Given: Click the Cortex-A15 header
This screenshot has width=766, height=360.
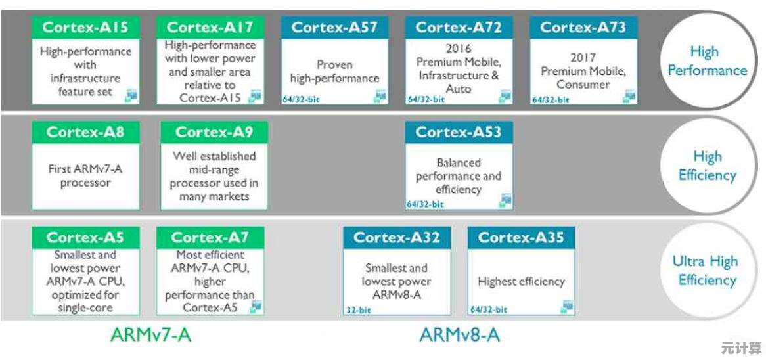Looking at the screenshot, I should click(x=85, y=28).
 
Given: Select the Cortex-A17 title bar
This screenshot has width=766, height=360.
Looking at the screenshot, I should click(x=210, y=28).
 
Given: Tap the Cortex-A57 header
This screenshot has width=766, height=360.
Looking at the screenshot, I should click(x=334, y=28).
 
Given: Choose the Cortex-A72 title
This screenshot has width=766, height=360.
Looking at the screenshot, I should click(x=459, y=28).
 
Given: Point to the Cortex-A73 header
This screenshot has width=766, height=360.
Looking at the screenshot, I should click(x=583, y=28).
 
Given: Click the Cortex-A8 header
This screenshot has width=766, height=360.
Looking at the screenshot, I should click(x=85, y=132).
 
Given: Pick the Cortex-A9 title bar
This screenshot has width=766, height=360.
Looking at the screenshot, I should click(x=214, y=132).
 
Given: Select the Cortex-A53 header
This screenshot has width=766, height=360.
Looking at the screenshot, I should click(x=459, y=132).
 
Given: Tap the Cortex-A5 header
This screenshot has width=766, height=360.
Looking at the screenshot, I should click(x=85, y=237).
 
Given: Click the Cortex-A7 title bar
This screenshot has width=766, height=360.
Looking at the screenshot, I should click(x=210, y=237).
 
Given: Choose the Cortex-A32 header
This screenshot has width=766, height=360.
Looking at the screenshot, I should click(x=396, y=237).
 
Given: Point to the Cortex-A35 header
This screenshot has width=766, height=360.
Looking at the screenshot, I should click(x=521, y=237).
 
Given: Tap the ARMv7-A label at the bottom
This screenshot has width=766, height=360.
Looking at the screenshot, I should click(x=150, y=335).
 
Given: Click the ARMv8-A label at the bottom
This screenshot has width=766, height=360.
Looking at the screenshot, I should click(x=460, y=335).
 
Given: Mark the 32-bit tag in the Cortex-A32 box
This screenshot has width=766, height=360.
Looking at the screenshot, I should click(x=358, y=309).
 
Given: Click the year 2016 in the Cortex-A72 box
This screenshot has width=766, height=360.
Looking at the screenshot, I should click(x=459, y=49).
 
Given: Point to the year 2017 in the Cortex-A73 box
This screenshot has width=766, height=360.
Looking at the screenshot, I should click(x=583, y=58).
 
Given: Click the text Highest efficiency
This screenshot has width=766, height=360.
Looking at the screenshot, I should click(x=521, y=282).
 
